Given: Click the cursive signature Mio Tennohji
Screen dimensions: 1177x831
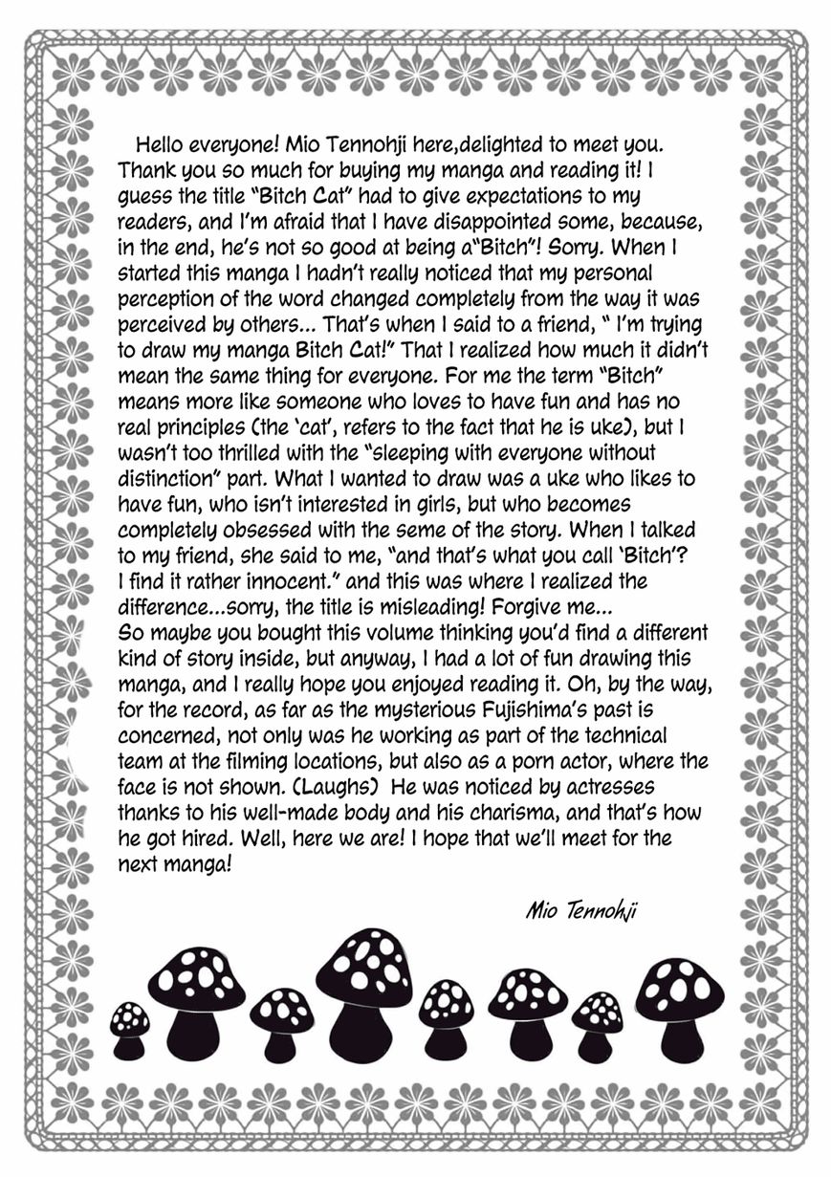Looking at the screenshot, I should [580, 908].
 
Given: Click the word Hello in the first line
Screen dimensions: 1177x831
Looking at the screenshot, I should [164, 144].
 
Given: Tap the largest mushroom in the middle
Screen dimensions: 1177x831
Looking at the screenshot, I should [363, 994].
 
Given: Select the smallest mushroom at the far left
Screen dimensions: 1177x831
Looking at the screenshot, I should [129, 1030].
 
